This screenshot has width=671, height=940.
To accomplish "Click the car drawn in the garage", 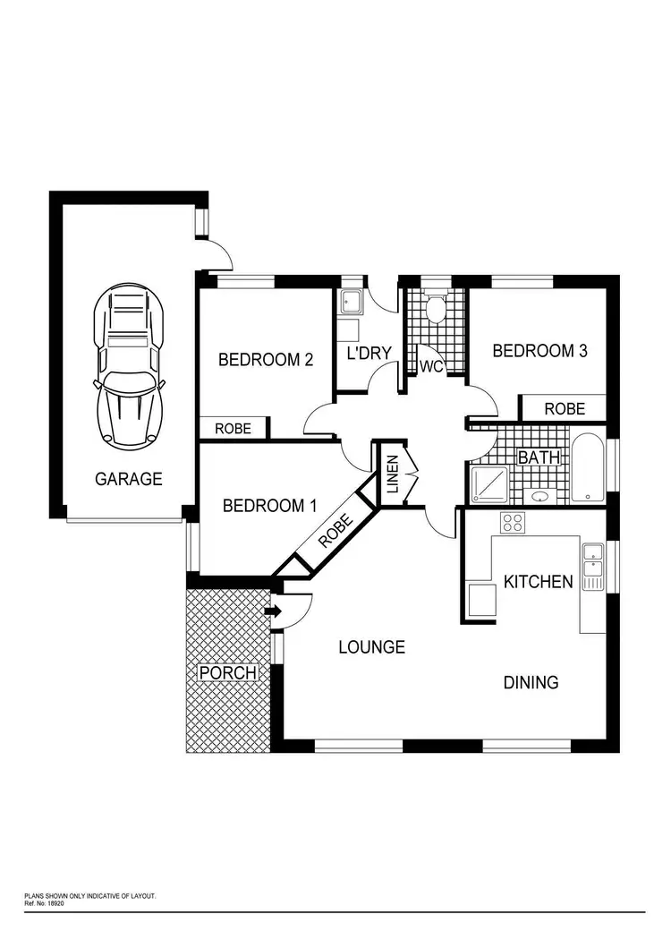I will [x=130, y=366].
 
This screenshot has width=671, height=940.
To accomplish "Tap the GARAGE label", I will [x=129, y=479].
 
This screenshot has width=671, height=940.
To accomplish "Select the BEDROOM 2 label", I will [x=266, y=360].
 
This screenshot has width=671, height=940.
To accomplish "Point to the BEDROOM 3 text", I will [x=539, y=351].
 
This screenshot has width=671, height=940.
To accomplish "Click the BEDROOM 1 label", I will [x=269, y=506].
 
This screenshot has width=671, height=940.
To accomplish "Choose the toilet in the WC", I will [x=436, y=310].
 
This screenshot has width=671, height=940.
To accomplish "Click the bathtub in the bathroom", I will [x=588, y=468].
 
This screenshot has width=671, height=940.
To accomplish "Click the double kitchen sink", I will [x=593, y=567].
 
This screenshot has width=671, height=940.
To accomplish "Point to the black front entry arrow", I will [x=273, y=611].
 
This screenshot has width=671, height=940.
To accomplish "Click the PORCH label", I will [x=227, y=672].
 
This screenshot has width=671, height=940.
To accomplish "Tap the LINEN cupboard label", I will [x=392, y=474].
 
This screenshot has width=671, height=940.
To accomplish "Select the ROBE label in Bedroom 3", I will [x=565, y=408].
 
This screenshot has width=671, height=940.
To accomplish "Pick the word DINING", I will [x=531, y=682].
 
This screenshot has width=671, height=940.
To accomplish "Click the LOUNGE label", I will [x=371, y=646].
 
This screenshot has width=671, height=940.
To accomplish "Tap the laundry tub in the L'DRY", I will [x=350, y=303].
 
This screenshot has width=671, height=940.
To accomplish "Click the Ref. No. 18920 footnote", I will [x=44, y=904].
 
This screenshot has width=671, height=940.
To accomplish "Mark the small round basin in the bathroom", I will [x=540, y=496].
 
